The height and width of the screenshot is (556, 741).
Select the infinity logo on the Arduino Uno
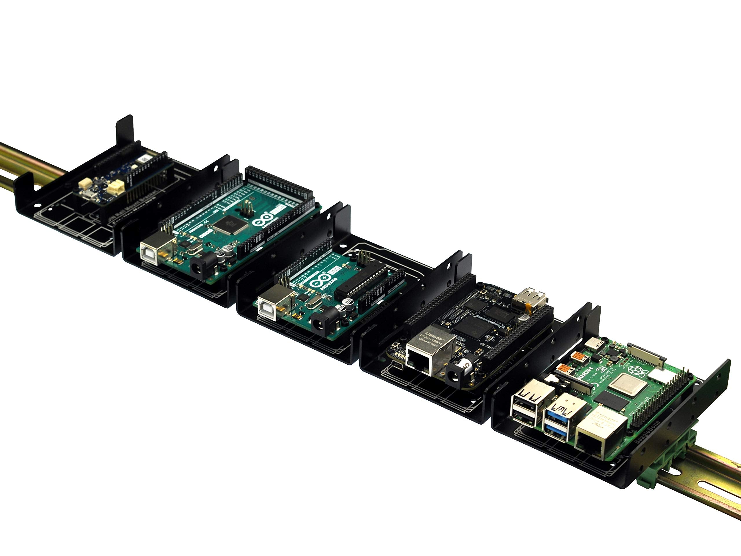pyautogui.click(x=319, y=281)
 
